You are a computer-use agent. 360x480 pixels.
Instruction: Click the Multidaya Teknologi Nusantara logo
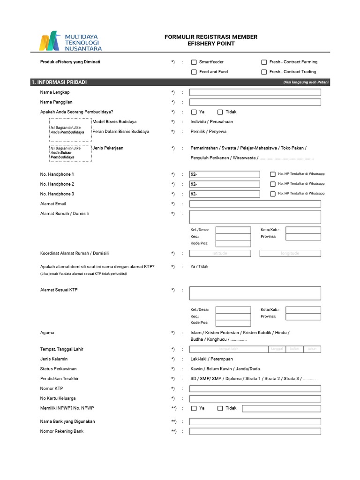(x=71, y=41)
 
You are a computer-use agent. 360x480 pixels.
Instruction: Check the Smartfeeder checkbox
(x=194, y=62)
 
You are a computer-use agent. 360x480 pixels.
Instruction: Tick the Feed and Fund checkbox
(x=194, y=72)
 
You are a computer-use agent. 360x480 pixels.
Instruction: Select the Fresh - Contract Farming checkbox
(x=264, y=62)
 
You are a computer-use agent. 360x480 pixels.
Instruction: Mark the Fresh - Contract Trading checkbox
(x=264, y=72)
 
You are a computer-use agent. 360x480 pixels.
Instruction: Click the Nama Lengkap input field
(x=255, y=92)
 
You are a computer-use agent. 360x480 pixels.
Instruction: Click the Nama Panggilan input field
(x=255, y=102)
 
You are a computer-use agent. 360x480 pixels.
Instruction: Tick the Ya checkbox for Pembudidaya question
(x=194, y=112)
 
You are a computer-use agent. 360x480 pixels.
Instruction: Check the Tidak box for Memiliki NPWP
(x=220, y=408)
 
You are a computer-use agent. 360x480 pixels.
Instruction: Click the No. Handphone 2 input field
(x=225, y=184)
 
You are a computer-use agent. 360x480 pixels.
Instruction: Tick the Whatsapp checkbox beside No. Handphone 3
(x=273, y=194)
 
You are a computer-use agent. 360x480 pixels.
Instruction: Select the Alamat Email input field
(x=255, y=204)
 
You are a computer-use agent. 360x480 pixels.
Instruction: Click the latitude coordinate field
(x=220, y=253)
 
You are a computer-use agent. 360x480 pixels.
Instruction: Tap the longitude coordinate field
(x=290, y=253)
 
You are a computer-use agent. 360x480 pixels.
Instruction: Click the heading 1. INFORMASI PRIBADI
(x=59, y=82)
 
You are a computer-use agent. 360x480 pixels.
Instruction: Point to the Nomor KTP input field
(x=255, y=389)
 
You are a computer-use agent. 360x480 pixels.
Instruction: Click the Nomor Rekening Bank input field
(x=255, y=431)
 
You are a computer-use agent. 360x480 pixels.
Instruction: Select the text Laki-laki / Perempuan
(x=211, y=359)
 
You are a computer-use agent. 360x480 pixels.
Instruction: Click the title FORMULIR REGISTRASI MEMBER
(x=211, y=37)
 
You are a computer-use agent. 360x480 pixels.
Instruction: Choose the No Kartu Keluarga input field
(x=255, y=398)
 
